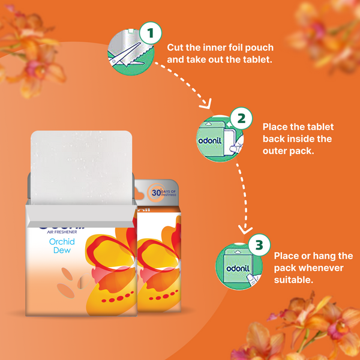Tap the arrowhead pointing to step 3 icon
(244, 230)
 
